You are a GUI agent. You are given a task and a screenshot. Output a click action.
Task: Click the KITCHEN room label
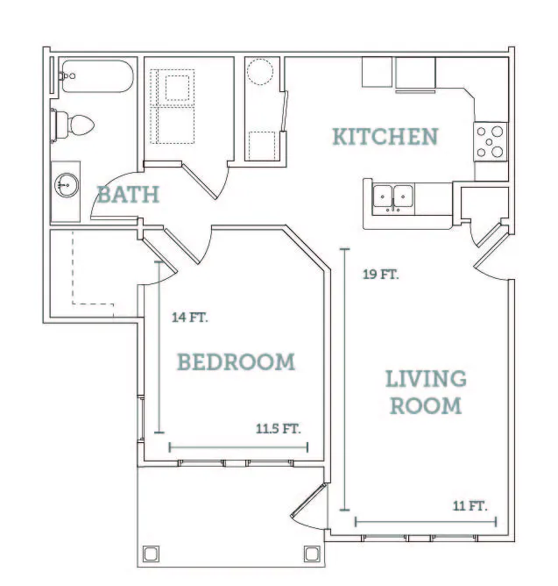pos(385,136)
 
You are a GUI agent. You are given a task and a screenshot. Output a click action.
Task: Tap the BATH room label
pos(128,195)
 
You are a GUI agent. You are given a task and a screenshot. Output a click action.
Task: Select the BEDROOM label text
pos(236,361)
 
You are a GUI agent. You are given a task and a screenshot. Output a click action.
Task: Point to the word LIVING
pos(426,379)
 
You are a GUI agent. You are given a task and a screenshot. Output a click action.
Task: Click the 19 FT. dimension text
pos(381,275)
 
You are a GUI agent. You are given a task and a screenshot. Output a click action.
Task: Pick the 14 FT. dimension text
pos(189,318)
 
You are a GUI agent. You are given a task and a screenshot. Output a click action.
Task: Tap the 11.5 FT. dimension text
pos(278,428)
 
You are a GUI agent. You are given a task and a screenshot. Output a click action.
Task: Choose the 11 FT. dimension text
pos(470,506)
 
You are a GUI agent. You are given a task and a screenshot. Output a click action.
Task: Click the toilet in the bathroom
pos(73,125)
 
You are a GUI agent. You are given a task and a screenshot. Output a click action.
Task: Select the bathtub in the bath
pos(97,76)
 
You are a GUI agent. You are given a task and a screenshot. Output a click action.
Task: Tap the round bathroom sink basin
pos(67,184)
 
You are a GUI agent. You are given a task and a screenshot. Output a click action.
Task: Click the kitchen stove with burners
pos(491,141)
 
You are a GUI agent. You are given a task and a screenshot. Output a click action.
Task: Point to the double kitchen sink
pos(393,198)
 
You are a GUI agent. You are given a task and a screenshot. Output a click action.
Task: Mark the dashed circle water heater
pos(260,71)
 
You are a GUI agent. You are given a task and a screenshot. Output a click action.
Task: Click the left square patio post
pos(151,554)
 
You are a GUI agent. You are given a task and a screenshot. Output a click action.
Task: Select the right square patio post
pos(312,554)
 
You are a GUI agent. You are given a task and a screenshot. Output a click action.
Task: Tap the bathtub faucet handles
pos(67,75)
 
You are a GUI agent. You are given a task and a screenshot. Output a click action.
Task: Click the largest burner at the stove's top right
pos(498,132)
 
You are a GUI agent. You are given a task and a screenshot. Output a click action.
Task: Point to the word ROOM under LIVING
pos(426,406)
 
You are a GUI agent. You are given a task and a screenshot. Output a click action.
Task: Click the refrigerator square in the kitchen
pos(415,74)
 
